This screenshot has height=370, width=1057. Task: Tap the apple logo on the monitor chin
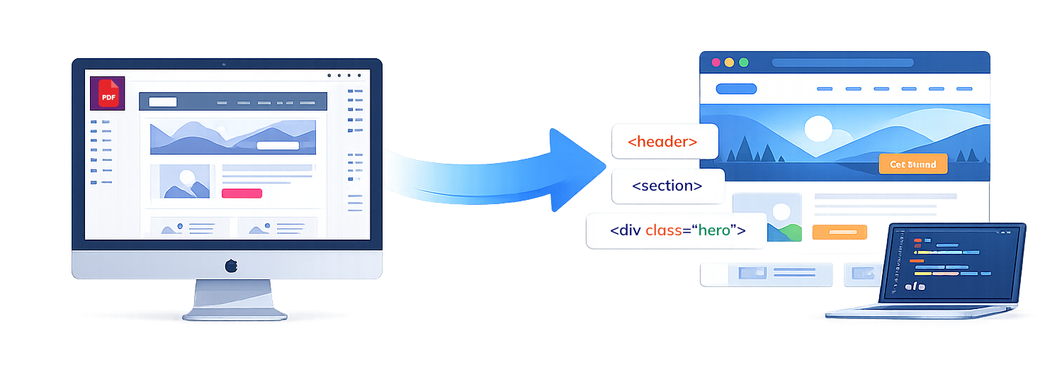point(231,266)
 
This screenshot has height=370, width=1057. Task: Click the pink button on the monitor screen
point(242,194)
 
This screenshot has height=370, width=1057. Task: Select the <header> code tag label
point(663,142)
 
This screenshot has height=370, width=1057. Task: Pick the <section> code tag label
point(667,186)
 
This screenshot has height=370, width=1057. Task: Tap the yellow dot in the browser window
point(729,62)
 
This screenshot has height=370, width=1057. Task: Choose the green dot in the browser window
point(744,62)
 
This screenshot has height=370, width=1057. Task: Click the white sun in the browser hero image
point(818,129)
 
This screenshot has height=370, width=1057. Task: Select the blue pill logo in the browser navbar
point(736,89)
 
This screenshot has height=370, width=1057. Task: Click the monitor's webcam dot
point(224,65)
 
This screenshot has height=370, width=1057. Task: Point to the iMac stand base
point(232,315)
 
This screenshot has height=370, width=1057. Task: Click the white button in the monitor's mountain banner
point(278,145)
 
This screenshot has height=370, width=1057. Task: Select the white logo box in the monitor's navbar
point(162,101)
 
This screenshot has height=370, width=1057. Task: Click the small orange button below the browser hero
point(839,232)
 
